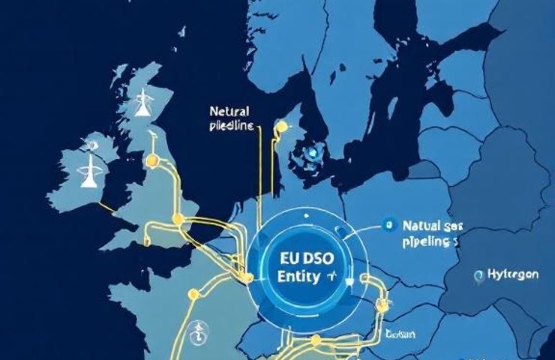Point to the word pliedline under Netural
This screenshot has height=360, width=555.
pos(230,124)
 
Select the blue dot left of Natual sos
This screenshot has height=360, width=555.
pos(388,223)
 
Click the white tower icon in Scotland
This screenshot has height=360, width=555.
pos(140,104)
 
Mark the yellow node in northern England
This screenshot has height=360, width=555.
pos(152,160)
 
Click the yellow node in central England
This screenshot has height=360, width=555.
pos(178,218)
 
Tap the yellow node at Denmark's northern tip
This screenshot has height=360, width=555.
pos(281,127)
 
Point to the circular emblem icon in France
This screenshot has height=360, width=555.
pos(200,329)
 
